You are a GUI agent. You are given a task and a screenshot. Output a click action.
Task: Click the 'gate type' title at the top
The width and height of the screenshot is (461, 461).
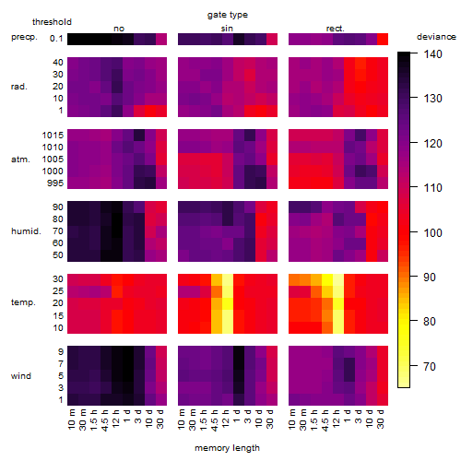(x=228, y=15)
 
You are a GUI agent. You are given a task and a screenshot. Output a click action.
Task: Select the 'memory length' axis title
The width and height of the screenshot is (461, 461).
(x=227, y=448)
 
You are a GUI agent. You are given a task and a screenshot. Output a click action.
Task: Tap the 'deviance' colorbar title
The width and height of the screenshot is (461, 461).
(x=436, y=37)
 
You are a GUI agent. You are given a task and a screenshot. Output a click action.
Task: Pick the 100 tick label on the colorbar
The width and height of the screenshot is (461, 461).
(x=432, y=232)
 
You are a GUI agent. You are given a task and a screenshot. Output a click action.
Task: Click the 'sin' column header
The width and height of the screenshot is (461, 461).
(x=227, y=29)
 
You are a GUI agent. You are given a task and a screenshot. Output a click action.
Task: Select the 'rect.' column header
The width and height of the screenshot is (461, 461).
(x=335, y=29)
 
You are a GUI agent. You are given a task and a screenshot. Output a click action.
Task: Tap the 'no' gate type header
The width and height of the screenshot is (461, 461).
(x=119, y=29)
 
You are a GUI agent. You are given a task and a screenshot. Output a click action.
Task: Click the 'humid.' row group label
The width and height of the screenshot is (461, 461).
(x=26, y=231)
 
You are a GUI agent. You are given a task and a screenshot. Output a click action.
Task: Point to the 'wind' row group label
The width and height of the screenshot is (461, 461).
(x=21, y=376)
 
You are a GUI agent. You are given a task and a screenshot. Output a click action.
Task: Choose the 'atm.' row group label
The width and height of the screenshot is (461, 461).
(x=20, y=160)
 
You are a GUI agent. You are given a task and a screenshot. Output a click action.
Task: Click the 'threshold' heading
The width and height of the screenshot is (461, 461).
(x=52, y=22)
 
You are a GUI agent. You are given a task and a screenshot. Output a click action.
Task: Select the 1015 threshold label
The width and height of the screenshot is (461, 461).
(x=53, y=136)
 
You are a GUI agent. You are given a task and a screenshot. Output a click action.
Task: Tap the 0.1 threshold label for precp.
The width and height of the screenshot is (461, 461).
(x=56, y=39)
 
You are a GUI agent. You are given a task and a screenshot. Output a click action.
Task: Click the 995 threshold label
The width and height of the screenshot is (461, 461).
(x=55, y=183)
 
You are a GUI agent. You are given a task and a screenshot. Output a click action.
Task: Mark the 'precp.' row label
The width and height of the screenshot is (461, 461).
(x=24, y=37)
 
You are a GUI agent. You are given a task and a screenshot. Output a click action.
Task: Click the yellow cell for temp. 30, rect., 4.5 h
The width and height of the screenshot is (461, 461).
(x=327, y=280)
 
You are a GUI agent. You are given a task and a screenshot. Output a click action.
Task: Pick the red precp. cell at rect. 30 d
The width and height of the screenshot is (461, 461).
(x=383, y=39)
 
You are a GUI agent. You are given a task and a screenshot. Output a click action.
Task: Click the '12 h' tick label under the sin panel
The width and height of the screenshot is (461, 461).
(x=226, y=419)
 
